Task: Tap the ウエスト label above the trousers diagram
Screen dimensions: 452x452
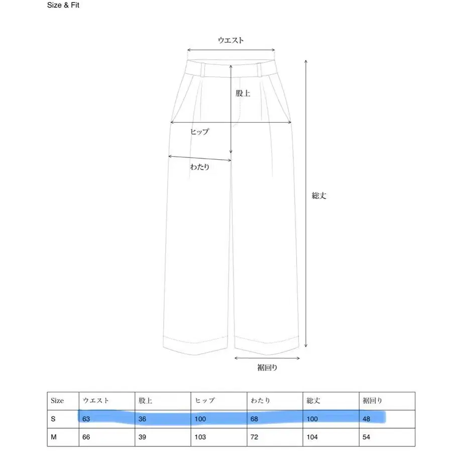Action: (231, 41)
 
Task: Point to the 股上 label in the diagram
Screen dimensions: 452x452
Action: (243, 93)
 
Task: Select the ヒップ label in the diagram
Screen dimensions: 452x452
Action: (199, 132)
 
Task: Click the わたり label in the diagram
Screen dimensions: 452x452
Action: (199, 167)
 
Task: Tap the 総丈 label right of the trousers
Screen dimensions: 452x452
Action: (319, 196)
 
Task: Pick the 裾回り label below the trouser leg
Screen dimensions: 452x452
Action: (267, 368)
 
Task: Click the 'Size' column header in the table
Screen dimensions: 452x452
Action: (57, 401)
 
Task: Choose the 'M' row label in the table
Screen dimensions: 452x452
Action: (54, 437)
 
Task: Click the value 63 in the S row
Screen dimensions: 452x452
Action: (86, 418)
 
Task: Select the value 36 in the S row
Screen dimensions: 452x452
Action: (142, 418)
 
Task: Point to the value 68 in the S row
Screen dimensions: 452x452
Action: (255, 418)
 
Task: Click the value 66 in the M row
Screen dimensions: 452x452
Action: (86, 437)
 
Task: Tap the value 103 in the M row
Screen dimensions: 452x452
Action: (200, 437)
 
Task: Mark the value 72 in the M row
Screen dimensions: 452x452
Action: (255, 437)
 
